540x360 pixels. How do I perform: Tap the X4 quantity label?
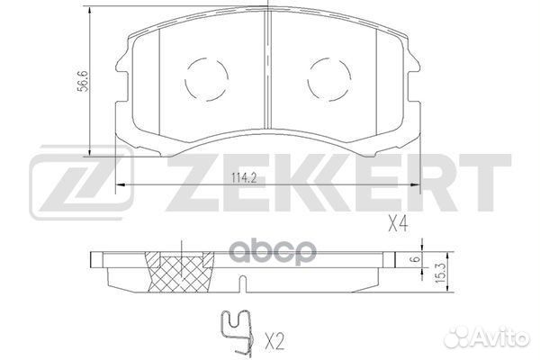(x=399, y=225)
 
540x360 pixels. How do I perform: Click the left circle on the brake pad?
(x=205, y=82)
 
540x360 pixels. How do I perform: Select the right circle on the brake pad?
(x=327, y=82)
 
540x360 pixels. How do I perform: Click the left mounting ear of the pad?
(x=121, y=62)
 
